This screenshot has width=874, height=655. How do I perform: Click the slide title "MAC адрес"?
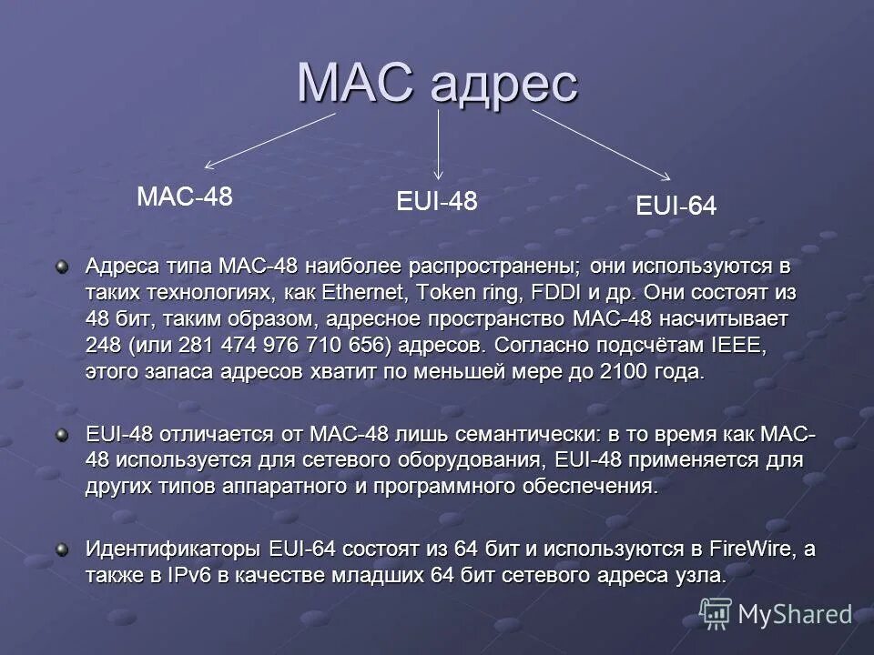point(437,84)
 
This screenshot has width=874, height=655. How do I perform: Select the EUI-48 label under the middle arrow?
point(437,201)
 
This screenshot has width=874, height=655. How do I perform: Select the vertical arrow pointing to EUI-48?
point(439,146)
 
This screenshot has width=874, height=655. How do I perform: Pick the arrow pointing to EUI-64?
point(601,145)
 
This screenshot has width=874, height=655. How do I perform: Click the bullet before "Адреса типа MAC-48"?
point(62,267)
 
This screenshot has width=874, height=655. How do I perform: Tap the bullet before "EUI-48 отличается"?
point(62,435)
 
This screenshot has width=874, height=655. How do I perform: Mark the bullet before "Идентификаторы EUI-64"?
point(62,549)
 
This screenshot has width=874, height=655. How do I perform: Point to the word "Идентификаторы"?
point(174,549)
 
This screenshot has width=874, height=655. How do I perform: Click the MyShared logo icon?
point(716,614)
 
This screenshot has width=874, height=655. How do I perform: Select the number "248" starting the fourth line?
point(103,347)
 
